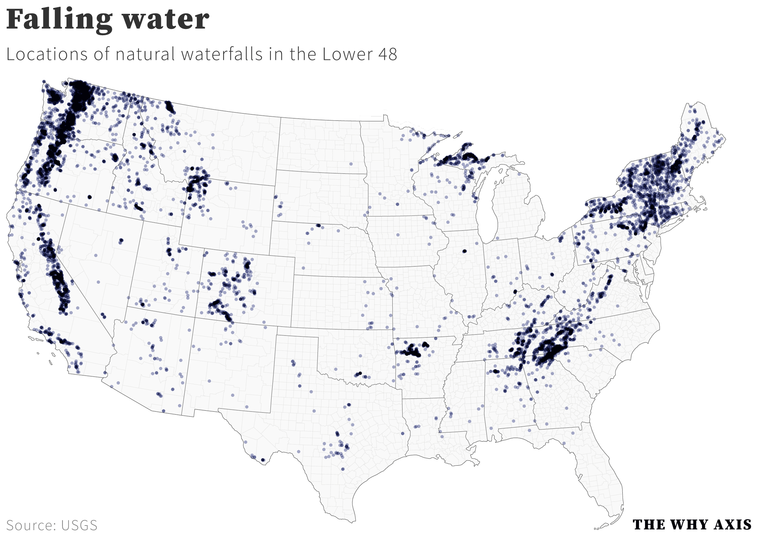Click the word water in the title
(166, 20)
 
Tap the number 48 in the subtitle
(387, 54)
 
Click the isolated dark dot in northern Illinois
(464, 251)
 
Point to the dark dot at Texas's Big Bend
(263, 460)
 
